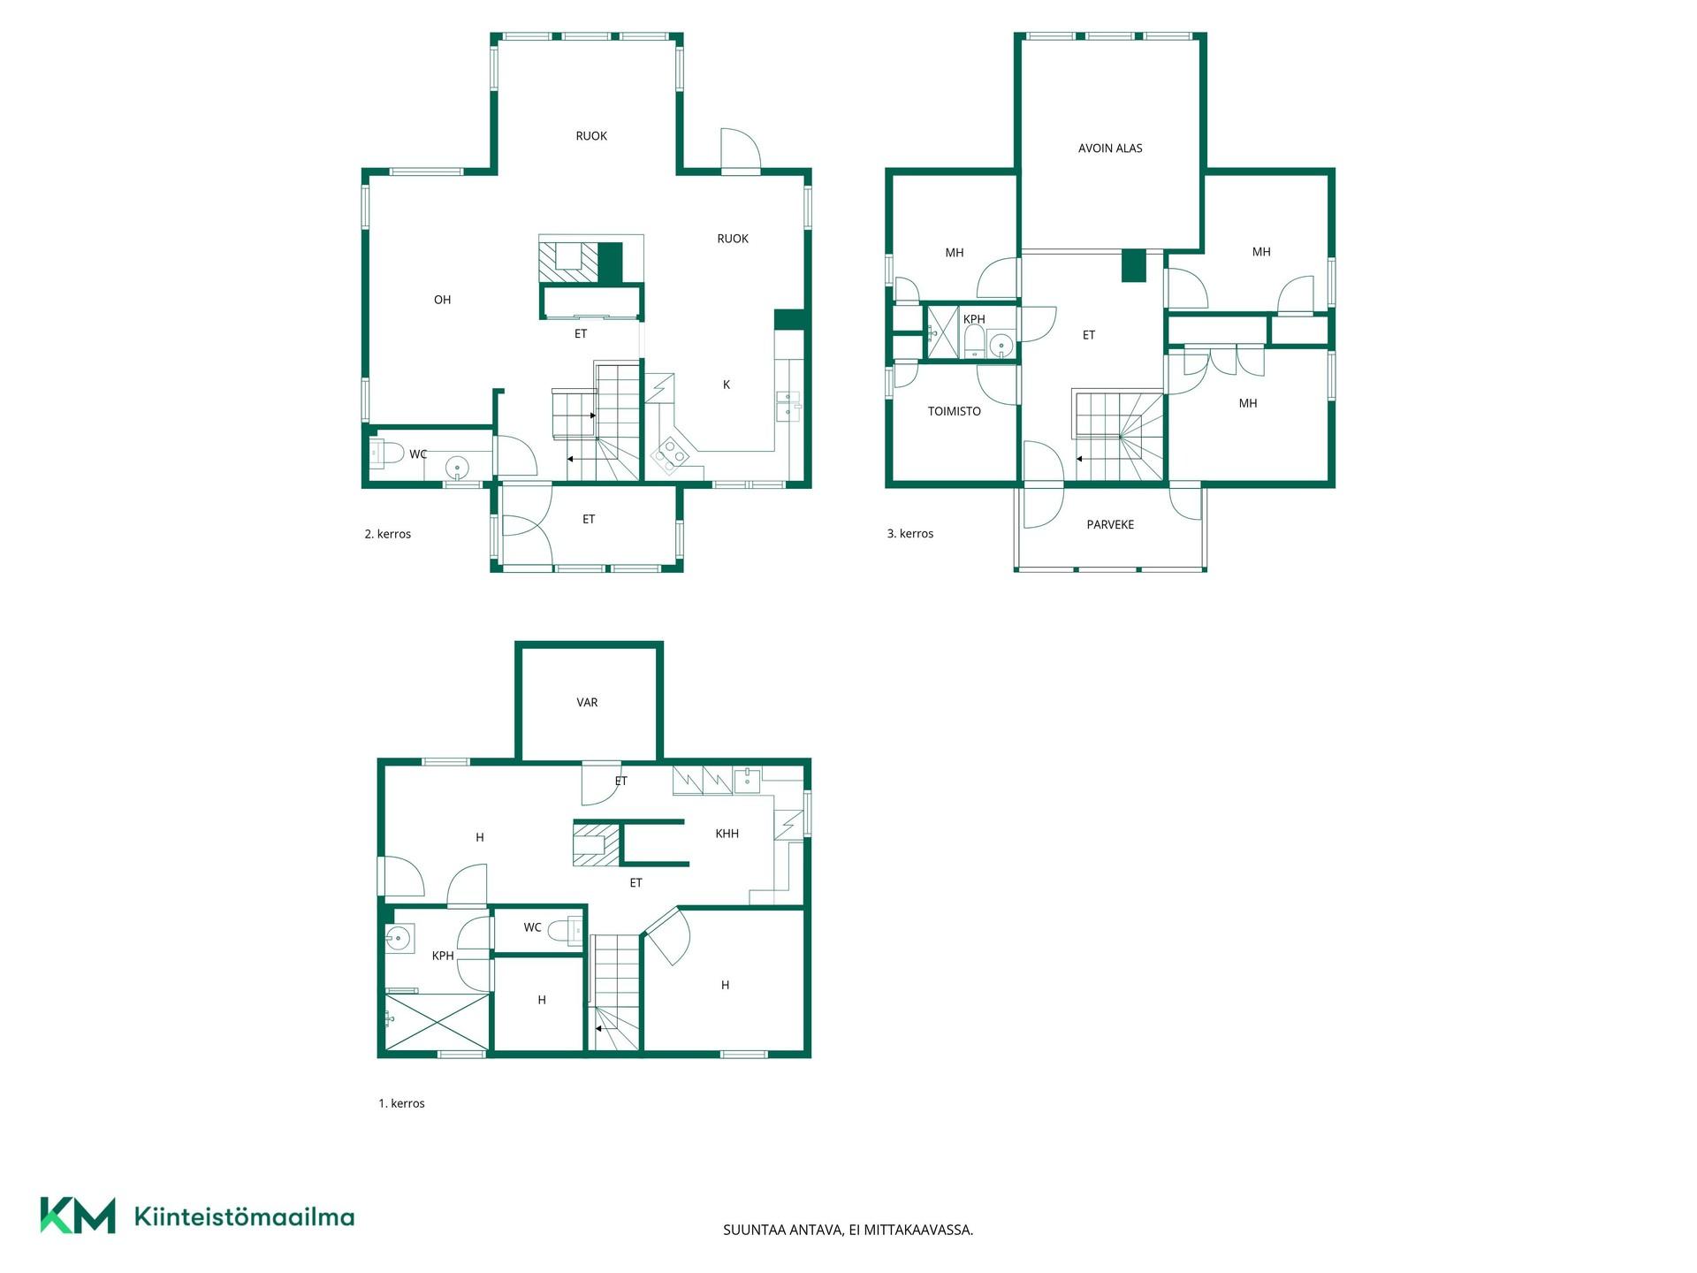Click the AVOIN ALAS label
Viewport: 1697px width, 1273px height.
[x=1110, y=149]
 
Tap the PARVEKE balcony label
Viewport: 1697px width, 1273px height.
[x=1110, y=525]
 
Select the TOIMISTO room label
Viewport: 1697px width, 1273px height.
[x=955, y=411]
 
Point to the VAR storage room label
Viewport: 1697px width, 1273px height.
[x=587, y=703]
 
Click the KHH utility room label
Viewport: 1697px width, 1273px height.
[x=727, y=834]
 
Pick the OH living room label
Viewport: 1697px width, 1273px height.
[x=443, y=300]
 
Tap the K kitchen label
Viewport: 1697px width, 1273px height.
[x=727, y=385]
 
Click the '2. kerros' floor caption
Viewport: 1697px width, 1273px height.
[x=388, y=534]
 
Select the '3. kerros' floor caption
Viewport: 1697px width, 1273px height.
[x=910, y=534]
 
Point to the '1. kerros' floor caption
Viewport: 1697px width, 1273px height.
[x=402, y=1103]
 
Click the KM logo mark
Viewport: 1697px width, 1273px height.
[x=78, y=1216]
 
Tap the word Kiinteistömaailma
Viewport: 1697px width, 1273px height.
[x=244, y=1216]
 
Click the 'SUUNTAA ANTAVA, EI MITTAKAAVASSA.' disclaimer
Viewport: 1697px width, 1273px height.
[x=848, y=1230]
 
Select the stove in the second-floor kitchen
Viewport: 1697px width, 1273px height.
[x=669, y=456]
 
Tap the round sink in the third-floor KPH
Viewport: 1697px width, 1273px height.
[x=1001, y=344]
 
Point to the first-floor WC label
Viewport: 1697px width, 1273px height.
[x=532, y=927]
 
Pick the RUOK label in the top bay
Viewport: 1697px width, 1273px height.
[x=591, y=136]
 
